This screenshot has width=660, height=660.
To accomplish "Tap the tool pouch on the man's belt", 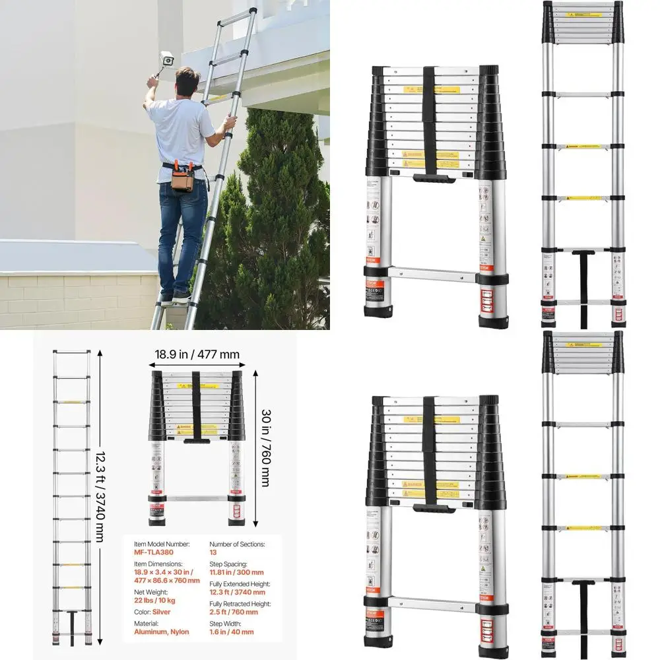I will click(x=183, y=178).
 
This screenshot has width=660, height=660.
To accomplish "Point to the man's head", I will click(x=187, y=81).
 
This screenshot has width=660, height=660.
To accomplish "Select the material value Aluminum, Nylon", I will click(x=161, y=632).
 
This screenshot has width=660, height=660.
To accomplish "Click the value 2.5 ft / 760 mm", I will click(x=234, y=612).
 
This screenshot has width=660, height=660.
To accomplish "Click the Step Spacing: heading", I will click(x=228, y=564).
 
